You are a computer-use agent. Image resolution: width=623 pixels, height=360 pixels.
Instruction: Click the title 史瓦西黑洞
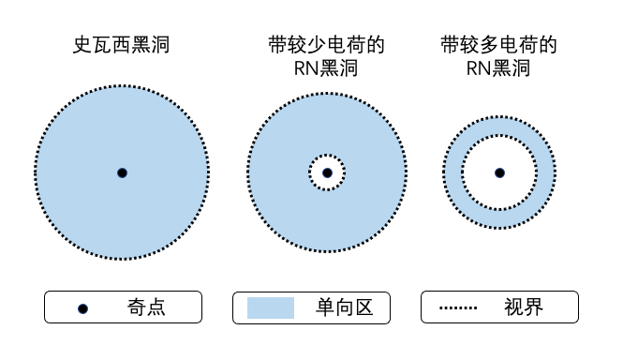[121, 45]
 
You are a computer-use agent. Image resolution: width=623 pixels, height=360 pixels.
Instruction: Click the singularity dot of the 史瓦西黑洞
[123, 173]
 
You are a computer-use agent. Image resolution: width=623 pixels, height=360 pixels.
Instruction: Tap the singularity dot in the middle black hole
[327, 173]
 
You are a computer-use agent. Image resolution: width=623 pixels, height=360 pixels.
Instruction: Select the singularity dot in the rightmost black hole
[500, 173]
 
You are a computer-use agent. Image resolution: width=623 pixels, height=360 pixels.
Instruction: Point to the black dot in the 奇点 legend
[82, 308]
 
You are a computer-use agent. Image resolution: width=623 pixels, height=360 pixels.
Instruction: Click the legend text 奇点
[146, 307]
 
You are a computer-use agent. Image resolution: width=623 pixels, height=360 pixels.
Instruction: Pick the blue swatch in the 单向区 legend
[271, 307]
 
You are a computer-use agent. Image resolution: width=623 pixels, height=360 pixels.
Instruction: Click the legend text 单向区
[345, 307]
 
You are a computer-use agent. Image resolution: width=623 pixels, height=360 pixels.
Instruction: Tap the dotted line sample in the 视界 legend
[458, 307]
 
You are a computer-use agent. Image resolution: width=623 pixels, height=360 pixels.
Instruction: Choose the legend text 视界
[524, 307]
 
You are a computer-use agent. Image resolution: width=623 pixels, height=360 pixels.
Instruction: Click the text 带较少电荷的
[326, 45]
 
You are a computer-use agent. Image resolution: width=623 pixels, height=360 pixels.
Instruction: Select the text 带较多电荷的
[498, 45]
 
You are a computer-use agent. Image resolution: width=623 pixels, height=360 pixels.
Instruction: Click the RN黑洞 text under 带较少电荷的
[326, 68]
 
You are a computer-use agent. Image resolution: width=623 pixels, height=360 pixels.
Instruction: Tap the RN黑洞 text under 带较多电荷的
[498, 68]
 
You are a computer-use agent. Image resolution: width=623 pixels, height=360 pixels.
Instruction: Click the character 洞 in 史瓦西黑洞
[160, 45]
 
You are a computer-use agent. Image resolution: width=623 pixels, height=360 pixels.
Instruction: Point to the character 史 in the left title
[82, 45]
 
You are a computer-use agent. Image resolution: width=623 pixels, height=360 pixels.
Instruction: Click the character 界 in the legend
[534, 307]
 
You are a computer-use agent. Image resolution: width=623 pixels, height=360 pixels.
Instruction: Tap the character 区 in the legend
[363, 307]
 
